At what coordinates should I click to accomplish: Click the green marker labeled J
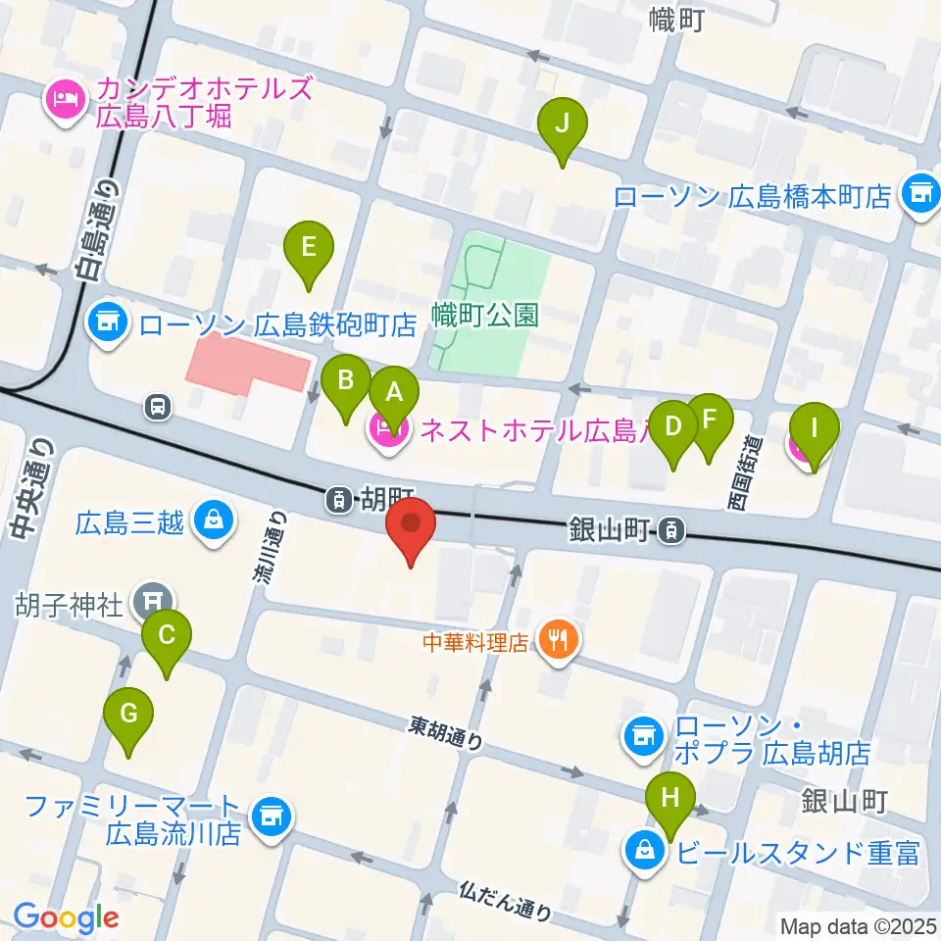tap(563, 124)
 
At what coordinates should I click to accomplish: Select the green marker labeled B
tap(345, 380)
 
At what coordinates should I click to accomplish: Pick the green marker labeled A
tap(394, 394)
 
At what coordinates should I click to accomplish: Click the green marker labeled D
tap(673, 426)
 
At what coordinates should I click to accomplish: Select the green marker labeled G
tap(129, 715)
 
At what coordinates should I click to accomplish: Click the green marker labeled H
tap(670, 797)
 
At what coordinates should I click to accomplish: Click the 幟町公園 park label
tap(485, 316)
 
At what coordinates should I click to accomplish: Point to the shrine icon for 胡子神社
tap(154, 599)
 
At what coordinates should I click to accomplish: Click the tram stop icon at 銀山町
tap(669, 530)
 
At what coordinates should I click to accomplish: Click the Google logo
tap(66, 916)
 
